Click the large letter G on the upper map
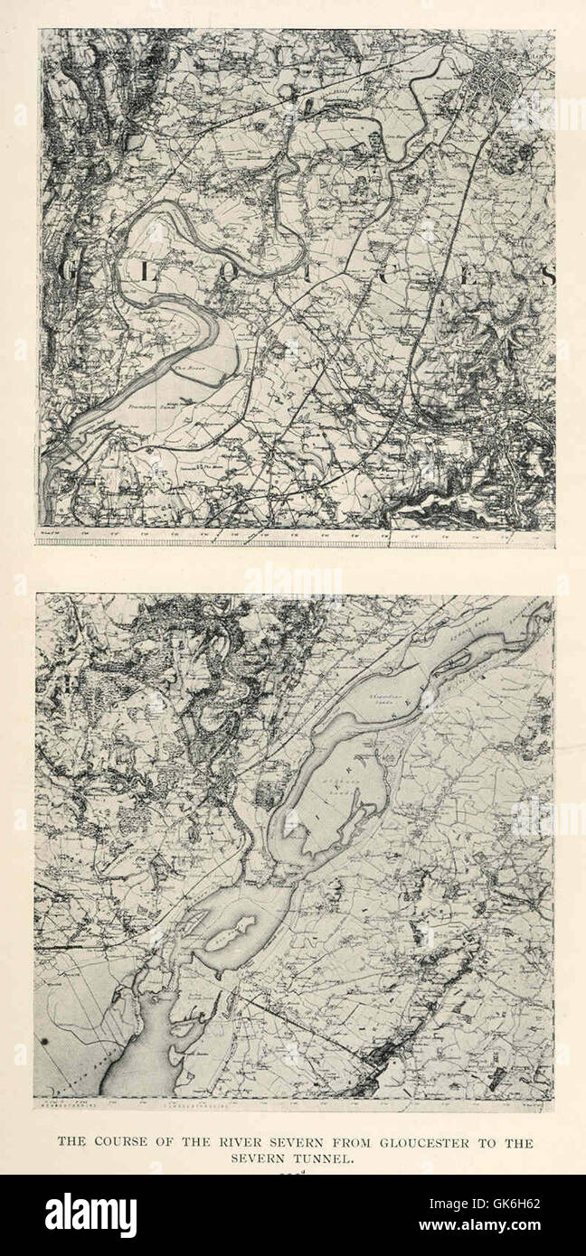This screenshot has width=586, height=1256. [66, 273]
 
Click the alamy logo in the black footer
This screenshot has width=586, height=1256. [91, 1215]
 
